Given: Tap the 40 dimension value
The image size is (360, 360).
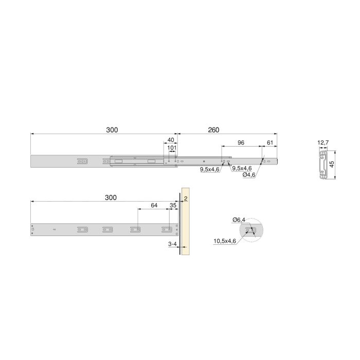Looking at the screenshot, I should [x=171, y=140].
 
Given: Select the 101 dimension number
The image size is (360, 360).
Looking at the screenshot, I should [x=172, y=148].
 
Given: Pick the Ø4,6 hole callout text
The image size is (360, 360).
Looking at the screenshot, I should [x=249, y=175].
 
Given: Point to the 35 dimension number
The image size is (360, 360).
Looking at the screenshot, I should [x=172, y=205].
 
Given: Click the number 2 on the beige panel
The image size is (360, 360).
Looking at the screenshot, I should [x=185, y=198].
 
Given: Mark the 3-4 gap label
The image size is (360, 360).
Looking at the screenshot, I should [x=173, y=245].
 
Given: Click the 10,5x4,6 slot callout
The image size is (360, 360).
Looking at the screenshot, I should [x=225, y=241].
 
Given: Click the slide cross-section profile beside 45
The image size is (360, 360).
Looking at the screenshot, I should [x=324, y=165].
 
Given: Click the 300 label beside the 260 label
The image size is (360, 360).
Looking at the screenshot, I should [x=112, y=130].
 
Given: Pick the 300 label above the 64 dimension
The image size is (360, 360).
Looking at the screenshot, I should [x=110, y=197].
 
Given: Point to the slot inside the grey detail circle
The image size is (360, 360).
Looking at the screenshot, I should [x=250, y=230].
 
